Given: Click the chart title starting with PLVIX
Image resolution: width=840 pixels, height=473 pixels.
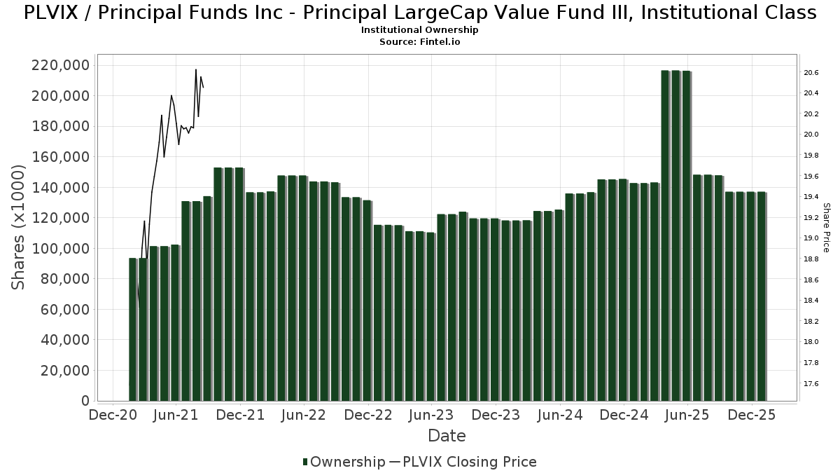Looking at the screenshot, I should (420, 13).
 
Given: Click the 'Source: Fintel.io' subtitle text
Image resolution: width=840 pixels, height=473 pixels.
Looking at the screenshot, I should (420, 42).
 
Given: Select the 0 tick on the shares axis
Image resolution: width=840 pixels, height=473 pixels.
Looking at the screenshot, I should (85, 401).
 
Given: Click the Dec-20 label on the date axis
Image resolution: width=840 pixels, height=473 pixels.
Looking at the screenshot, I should (112, 415).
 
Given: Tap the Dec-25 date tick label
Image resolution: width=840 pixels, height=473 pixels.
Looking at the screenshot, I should (752, 415).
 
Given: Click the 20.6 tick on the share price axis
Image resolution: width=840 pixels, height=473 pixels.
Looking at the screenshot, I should (811, 73).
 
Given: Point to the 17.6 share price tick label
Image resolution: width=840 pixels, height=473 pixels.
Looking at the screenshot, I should (811, 383).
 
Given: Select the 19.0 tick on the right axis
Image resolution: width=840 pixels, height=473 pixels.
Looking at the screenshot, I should (811, 238).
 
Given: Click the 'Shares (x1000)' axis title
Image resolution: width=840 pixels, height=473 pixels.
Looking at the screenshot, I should (19, 227).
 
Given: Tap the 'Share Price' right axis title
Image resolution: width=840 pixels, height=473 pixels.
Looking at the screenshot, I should (826, 227).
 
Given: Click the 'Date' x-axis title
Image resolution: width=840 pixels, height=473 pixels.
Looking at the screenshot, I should (447, 436).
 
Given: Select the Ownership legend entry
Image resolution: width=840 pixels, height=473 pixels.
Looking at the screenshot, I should (344, 462).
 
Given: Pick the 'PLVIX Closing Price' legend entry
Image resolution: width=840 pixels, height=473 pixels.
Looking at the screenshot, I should (463, 462).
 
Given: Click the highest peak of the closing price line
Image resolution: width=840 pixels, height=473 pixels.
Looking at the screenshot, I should (196, 69).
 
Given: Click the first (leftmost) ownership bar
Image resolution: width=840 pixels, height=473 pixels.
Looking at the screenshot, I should (132, 329).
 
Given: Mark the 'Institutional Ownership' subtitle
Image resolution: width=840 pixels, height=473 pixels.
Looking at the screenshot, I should (420, 30).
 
